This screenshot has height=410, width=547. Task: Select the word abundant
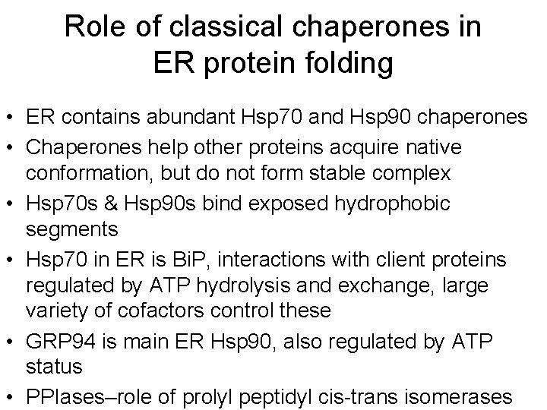181,118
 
